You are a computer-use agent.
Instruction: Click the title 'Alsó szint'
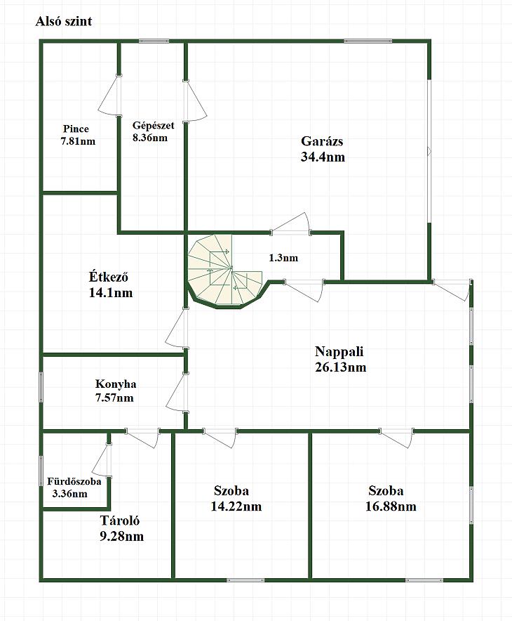tap(63, 21)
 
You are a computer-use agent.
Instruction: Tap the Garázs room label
tap(322, 141)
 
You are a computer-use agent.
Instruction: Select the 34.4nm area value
tap(323, 157)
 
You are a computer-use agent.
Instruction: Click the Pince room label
tap(76, 129)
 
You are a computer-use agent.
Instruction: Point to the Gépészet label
tap(154, 126)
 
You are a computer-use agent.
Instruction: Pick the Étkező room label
tap(108, 277)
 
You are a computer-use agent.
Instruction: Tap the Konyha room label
tap(116, 384)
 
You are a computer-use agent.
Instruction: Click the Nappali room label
tap(339, 351)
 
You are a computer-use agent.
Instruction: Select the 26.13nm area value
tap(340, 367)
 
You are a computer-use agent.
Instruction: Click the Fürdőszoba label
tap(74, 482)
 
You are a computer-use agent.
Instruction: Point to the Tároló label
tap(119, 521)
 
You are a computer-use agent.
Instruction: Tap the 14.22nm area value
tap(236, 506)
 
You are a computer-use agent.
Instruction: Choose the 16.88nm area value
tap(391, 506)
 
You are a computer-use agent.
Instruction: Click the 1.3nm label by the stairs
tap(283, 258)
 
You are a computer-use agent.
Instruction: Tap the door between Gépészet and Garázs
tap(194, 101)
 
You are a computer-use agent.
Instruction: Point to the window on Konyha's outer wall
tap(41, 387)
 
